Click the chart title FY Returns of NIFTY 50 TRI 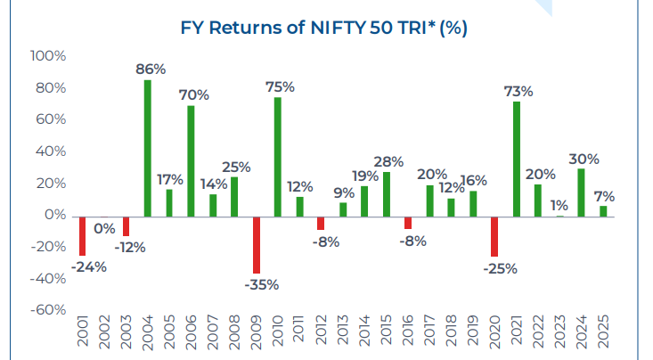[x=323, y=29]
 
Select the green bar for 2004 [x=148, y=148]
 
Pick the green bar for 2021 [x=518, y=159]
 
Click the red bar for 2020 [x=495, y=235]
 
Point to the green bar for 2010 [x=278, y=156]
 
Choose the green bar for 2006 [x=192, y=160]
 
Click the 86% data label [x=148, y=68]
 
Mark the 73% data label [x=518, y=91]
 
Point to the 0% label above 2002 [x=104, y=229]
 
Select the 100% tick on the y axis [x=48, y=56]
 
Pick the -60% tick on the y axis [x=48, y=310]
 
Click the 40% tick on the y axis [x=48, y=151]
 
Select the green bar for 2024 [x=583, y=192]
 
